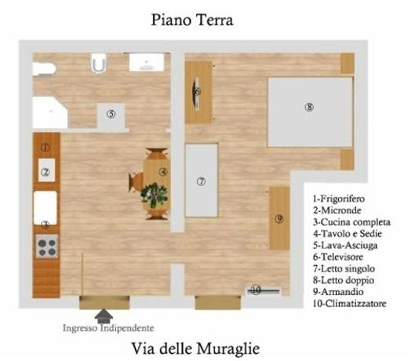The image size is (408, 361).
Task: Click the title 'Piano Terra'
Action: (x=192, y=20)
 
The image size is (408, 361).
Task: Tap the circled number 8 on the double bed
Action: (x=309, y=107)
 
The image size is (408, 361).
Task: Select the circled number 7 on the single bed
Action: (x=201, y=181)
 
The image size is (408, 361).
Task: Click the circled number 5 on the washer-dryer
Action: (x=111, y=114)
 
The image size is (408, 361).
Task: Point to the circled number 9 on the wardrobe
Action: (x=279, y=218)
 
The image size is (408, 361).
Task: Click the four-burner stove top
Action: (x=47, y=246)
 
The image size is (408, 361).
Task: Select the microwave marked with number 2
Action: (x=46, y=170)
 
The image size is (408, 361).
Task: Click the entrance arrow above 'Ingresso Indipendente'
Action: (x=104, y=316)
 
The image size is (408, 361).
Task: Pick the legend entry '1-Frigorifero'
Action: (x=339, y=199)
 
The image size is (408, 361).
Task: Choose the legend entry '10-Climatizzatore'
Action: (x=350, y=304)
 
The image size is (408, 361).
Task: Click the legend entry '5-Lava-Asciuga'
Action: (x=345, y=246)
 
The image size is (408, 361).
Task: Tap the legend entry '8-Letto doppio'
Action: (x=344, y=280)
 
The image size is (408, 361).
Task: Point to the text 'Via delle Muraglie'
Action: (x=195, y=348)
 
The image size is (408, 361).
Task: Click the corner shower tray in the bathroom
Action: (x=49, y=112)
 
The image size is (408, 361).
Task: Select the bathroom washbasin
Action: (x=147, y=62)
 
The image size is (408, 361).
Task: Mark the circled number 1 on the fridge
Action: (x=46, y=148)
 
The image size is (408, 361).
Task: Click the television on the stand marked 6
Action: (x=195, y=92)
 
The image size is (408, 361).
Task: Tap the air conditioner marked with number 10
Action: (x=264, y=290)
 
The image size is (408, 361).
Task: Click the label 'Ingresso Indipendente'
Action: (x=108, y=328)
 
